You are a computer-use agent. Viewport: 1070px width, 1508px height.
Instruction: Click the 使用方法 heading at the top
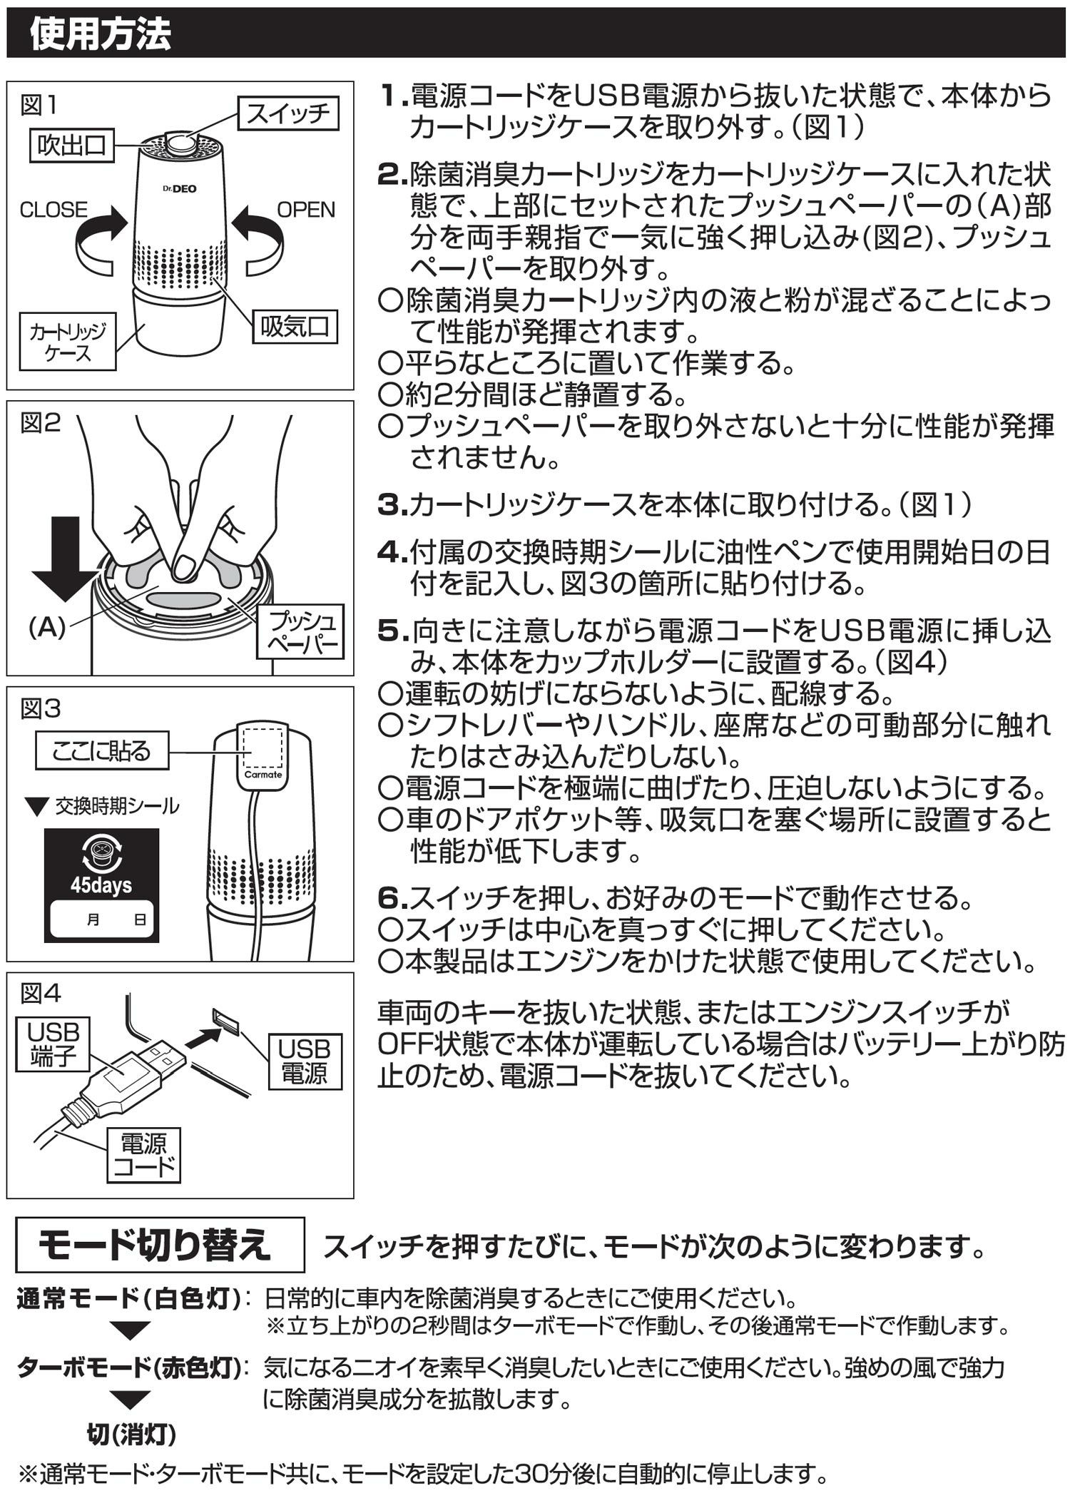point(100,34)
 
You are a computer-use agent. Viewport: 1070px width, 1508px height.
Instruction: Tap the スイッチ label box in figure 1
point(288,113)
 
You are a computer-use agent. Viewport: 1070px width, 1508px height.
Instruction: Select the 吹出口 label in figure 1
point(71,146)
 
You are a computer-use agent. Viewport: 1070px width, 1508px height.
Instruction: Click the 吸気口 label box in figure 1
point(295,327)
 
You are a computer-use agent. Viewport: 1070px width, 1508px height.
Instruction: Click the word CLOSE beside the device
point(54,210)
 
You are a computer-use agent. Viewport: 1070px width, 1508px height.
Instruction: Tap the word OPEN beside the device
point(306,210)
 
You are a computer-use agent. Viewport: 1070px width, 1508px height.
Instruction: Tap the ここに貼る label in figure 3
point(101,750)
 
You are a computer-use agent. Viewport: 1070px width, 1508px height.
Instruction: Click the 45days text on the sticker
point(101,885)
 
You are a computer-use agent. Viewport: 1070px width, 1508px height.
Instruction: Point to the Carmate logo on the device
point(263,774)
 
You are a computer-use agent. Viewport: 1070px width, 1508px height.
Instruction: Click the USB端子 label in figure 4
point(53,1044)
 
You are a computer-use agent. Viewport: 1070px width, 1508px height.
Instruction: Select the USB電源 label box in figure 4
point(305,1061)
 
